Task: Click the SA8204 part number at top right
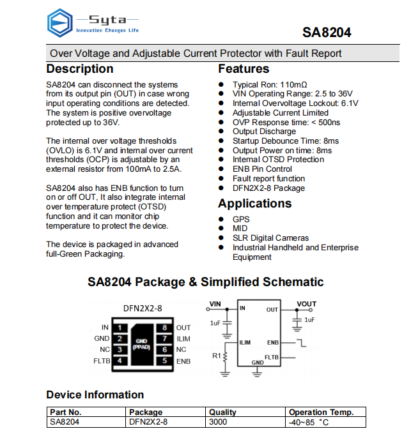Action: [x=327, y=33]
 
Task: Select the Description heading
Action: [x=80, y=69]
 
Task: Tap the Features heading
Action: [x=244, y=69]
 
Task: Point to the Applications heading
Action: [x=254, y=204]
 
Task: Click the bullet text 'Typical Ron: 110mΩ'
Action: [x=270, y=84]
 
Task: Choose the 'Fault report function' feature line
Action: [x=268, y=179]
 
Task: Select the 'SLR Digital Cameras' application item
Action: [x=270, y=238]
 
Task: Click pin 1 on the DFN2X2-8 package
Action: [x=120, y=328]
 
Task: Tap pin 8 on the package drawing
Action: [x=164, y=328]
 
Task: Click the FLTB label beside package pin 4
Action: [x=102, y=361]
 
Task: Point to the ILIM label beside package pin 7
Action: [x=183, y=339]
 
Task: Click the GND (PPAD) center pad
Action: [x=142, y=344]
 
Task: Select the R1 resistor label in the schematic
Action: [x=216, y=355]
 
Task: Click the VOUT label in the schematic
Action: [x=307, y=304]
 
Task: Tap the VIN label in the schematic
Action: [x=215, y=304]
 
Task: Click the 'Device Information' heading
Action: [x=95, y=395]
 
